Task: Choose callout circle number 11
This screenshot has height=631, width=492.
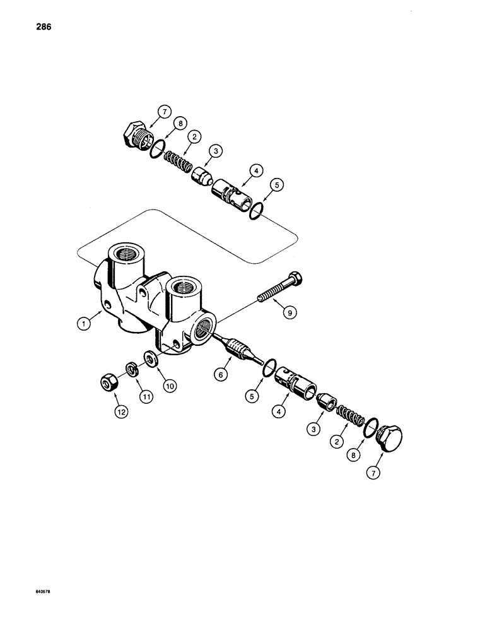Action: click(146, 397)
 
